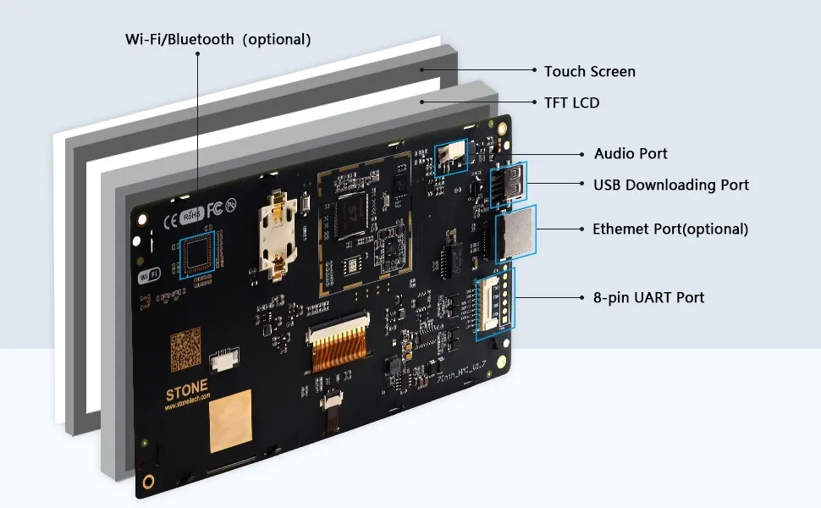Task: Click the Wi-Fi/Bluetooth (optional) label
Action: coord(218,40)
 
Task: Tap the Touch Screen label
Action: coord(589,72)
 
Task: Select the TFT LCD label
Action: coord(571,102)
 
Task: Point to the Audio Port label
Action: coord(631,153)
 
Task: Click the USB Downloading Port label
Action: coord(670,185)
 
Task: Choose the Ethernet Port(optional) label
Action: coord(669,229)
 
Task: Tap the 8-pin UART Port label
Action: coord(648,297)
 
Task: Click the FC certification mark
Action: coord(214,208)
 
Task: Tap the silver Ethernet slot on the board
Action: coord(515,234)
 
